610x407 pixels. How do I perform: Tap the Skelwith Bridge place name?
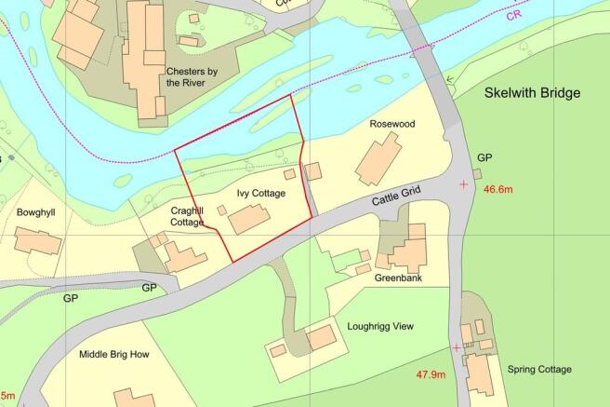(x=532, y=94)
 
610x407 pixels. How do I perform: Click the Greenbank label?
(x=398, y=278)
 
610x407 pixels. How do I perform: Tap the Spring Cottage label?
(x=540, y=369)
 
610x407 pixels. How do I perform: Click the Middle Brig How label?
(x=113, y=354)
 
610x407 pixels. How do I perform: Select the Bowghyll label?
(x=36, y=212)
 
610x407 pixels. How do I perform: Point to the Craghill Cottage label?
(x=187, y=217)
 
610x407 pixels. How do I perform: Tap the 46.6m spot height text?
(x=500, y=189)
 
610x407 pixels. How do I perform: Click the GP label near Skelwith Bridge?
(x=484, y=157)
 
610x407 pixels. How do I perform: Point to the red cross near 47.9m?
(x=457, y=347)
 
